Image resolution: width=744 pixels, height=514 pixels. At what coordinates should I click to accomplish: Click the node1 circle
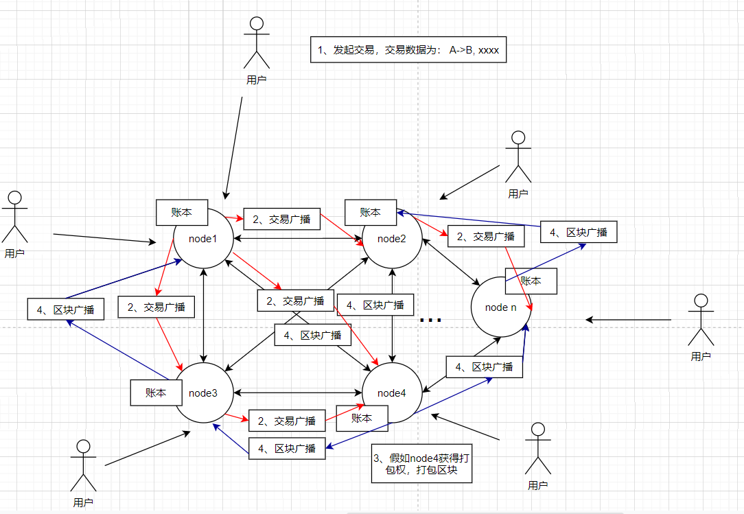204,238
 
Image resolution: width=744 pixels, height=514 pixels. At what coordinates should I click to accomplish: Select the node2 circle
391,238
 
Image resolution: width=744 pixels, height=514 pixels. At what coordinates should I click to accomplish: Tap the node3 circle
204,393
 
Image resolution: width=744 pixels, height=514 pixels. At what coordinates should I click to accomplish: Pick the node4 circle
391,393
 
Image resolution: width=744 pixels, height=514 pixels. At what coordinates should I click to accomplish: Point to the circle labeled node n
500,307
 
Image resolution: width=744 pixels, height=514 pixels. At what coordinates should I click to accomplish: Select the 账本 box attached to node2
371,212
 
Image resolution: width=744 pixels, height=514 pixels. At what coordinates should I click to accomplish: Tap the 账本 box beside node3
156,393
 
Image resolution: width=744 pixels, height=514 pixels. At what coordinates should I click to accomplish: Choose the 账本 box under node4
362,417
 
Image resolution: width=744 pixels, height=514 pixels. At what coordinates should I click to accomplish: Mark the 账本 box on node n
531,281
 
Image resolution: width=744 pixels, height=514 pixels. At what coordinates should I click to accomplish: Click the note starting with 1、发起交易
408,50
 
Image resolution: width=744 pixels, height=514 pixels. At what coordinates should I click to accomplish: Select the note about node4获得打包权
422,464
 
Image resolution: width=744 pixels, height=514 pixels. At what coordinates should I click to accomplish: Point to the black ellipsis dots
430,320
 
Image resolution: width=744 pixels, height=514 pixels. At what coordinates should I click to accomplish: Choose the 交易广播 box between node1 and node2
282,220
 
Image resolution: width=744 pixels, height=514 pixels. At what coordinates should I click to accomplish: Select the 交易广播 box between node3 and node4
287,421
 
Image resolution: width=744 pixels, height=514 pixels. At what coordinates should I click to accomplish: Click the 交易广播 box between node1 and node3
156,307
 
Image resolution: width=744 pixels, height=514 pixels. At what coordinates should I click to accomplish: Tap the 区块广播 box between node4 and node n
484,367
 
